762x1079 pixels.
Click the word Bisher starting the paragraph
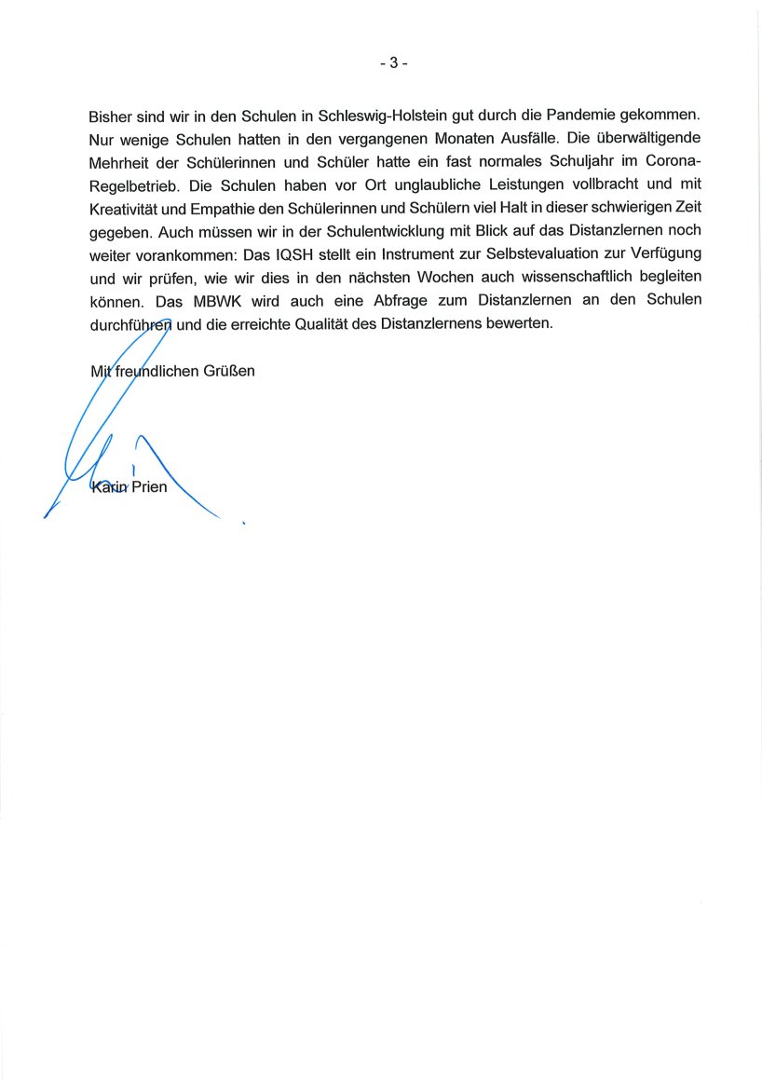(x=111, y=117)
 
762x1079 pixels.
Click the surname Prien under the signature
(x=149, y=485)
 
